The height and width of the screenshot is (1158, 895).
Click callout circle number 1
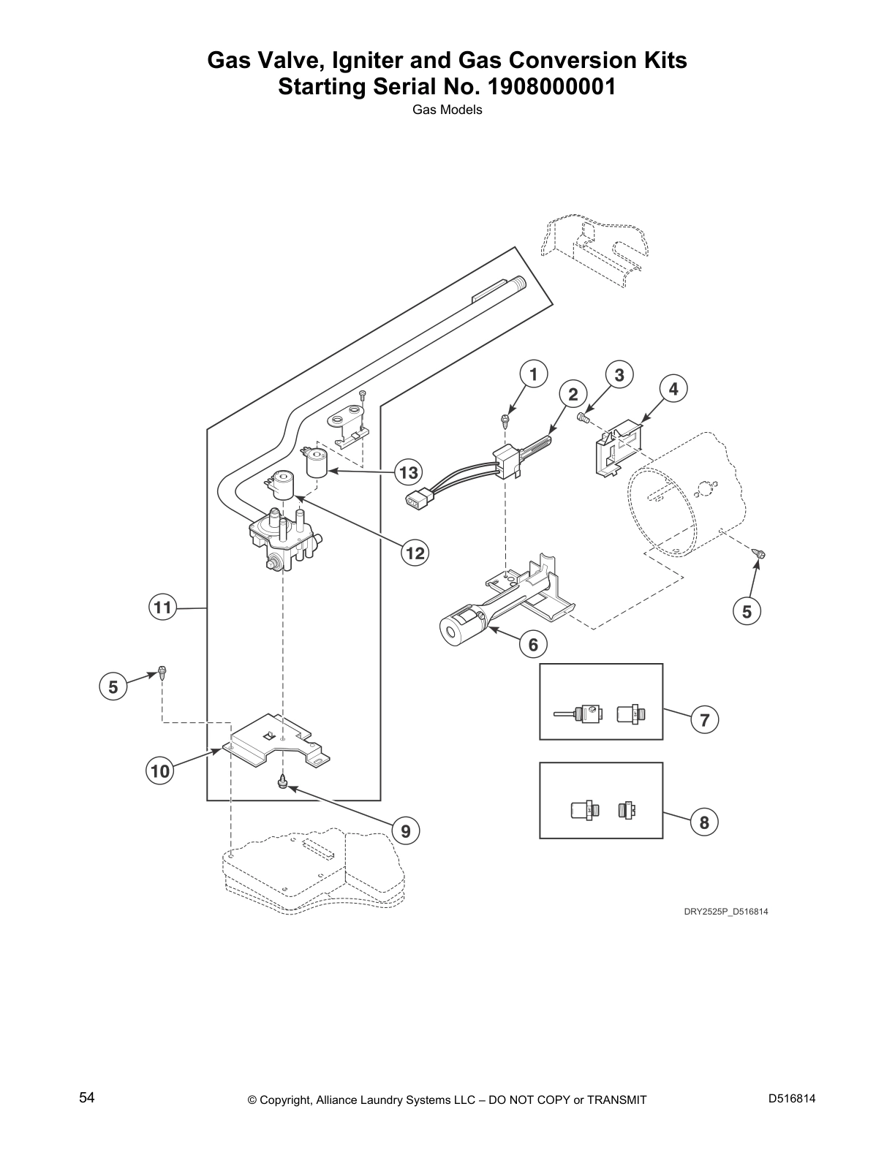pos(534,375)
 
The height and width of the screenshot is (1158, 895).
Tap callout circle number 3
pos(619,375)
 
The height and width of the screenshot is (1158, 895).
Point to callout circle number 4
pos(673,389)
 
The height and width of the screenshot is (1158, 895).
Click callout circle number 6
pos(533,644)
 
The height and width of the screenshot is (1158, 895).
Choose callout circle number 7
pos(704,720)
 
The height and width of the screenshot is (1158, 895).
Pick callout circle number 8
pos(704,822)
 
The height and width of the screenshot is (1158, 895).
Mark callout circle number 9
pos(406,830)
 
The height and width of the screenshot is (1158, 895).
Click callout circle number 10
pos(160,771)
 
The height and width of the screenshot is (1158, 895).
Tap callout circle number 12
pos(415,553)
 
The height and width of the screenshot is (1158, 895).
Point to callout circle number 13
pos(409,472)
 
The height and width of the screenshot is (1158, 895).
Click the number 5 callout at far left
pos(113,687)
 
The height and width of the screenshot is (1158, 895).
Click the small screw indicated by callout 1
pos(505,420)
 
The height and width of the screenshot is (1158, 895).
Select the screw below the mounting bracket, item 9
pos(282,783)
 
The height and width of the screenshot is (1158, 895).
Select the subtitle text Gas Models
pos(447,110)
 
